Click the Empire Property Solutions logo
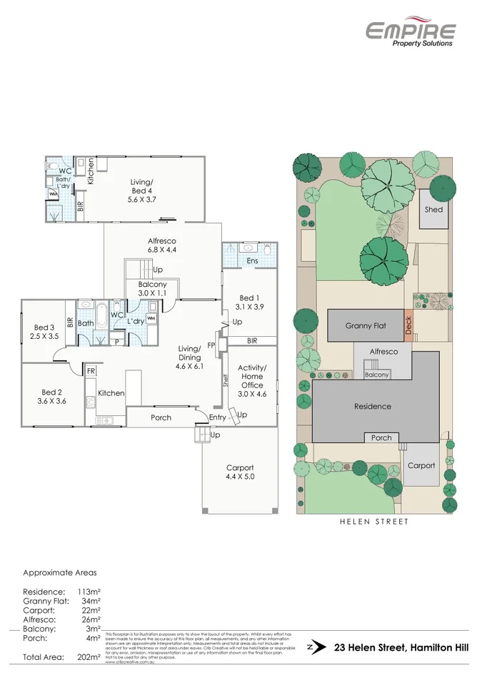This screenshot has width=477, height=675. pos(410,33)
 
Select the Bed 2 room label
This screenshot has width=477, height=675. pos(52,397)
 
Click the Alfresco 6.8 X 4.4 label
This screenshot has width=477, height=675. pos(162,245)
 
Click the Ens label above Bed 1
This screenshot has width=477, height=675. pos(252,261)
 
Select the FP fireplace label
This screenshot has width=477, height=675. pos(211,345)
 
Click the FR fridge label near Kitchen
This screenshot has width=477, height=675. pos(92,371)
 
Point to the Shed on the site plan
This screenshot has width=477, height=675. pos(433,210)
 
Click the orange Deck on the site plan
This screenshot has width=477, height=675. pos(408,325)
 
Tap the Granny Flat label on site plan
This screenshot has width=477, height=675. pos(366,325)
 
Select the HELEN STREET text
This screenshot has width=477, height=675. pos(373,522)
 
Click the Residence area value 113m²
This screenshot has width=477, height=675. pos(87,592)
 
